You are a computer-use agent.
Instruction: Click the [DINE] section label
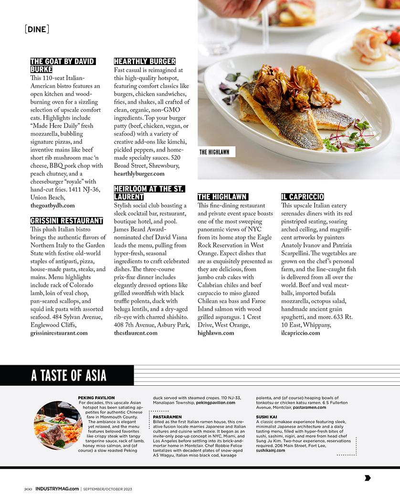coord(37,29)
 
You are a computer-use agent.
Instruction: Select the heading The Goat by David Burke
coord(63,65)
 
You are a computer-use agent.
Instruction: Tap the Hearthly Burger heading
coord(145,61)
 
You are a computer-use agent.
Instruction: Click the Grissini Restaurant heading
coord(66,220)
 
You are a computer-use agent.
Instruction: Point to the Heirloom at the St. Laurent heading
coord(149,193)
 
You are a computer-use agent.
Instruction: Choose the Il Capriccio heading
coord(302,196)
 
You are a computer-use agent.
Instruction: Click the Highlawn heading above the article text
coord(222,196)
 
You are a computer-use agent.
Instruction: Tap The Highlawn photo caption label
coord(214,152)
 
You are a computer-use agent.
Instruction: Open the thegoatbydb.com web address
coord(53,205)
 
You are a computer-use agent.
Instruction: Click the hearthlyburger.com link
coord(139,174)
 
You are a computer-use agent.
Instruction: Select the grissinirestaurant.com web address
coord(59,333)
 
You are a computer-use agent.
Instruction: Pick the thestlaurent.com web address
coord(136,333)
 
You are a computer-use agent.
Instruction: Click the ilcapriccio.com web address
coord(300,333)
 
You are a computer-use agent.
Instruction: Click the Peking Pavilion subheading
coord(96,398)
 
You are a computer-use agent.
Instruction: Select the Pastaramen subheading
coord(167,417)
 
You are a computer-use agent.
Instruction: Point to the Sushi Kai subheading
coord(266,417)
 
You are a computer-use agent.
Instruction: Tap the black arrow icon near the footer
coord(368,478)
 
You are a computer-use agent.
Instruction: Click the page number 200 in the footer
coord(28,489)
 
